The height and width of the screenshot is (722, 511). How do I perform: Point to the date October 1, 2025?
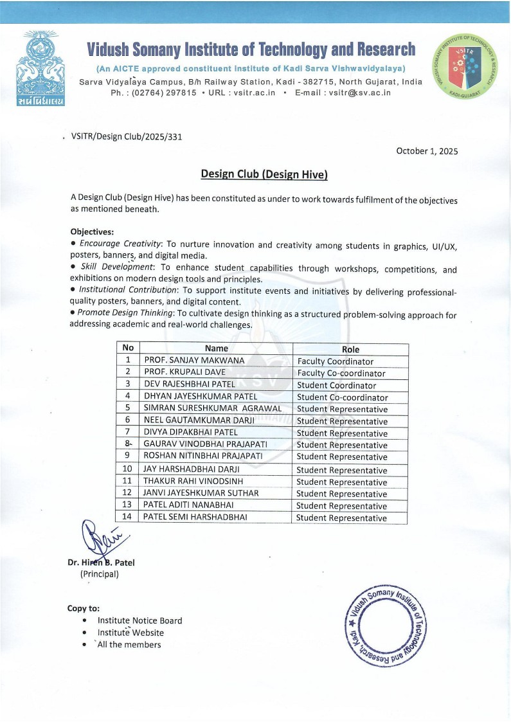tap(427, 151)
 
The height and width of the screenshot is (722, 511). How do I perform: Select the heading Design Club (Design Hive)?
tap(264, 174)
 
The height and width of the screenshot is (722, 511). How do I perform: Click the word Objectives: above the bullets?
tap(92, 231)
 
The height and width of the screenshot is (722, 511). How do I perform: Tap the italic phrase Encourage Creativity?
tap(119, 244)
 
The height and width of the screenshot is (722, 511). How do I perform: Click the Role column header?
tap(350, 349)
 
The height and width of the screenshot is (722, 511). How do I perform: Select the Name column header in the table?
tap(216, 348)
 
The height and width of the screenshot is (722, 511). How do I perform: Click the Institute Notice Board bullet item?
tap(139, 620)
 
